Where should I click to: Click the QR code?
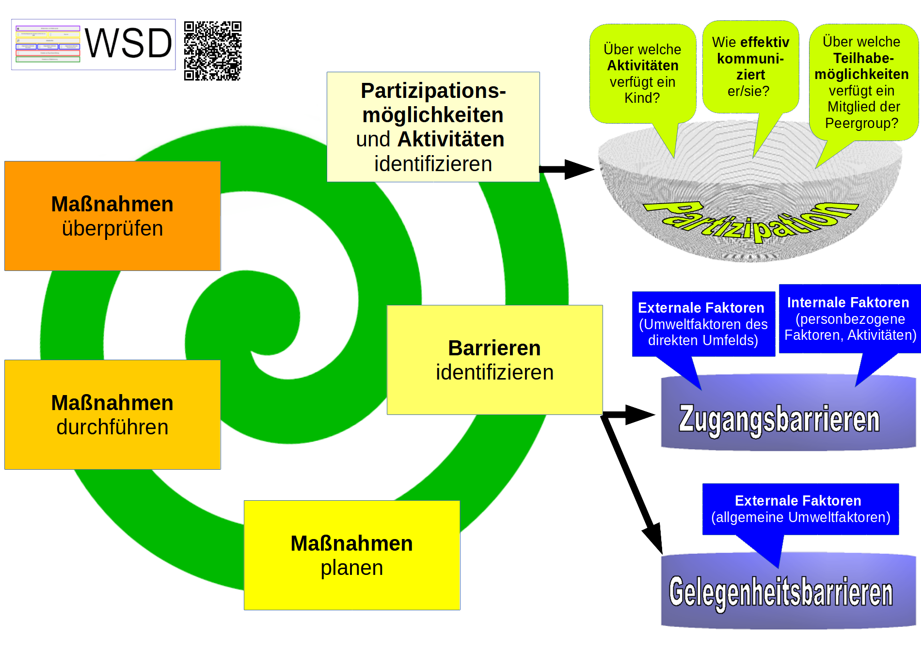click(x=212, y=50)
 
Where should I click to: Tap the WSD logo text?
click(x=128, y=44)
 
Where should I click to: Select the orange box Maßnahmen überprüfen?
click(x=112, y=216)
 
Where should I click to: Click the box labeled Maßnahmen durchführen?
click(x=112, y=415)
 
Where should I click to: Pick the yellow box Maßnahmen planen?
click(x=352, y=556)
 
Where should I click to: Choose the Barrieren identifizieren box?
click(x=494, y=360)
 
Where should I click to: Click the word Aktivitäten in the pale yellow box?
click(x=451, y=140)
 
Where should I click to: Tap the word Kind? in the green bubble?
click(x=642, y=98)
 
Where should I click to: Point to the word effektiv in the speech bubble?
click(x=764, y=43)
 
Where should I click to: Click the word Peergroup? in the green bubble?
click(x=861, y=123)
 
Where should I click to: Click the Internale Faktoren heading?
click(x=848, y=302)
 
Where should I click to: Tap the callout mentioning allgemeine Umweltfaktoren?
click(x=800, y=509)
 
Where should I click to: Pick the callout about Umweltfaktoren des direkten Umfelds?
click(x=703, y=324)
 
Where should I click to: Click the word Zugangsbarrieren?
click(x=779, y=420)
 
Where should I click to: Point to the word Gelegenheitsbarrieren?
click(x=781, y=592)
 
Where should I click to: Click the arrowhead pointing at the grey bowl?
click(x=579, y=169)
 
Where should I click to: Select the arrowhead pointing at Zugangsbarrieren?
click(x=640, y=414)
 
